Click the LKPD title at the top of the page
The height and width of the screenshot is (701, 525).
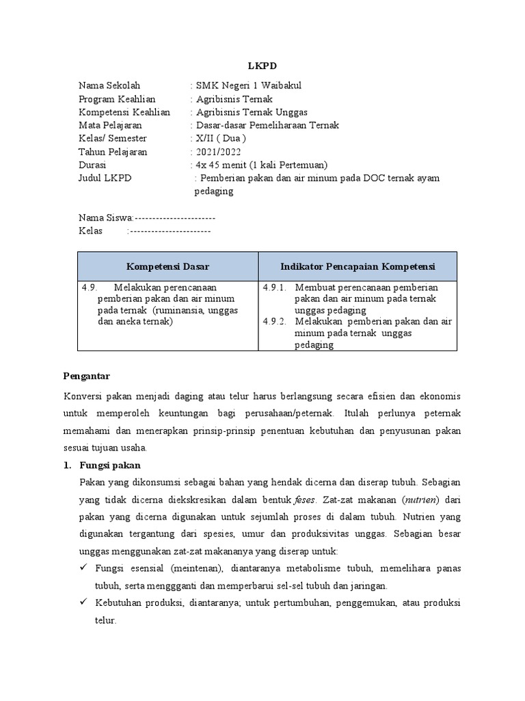click(x=262, y=67)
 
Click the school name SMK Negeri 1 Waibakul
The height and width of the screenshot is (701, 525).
click(x=249, y=86)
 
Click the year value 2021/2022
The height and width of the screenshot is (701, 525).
click(x=218, y=152)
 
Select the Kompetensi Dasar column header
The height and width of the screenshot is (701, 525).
click(x=167, y=266)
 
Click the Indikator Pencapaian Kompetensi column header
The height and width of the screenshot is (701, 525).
click(x=358, y=266)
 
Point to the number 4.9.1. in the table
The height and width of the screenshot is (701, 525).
click(x=275, y=288)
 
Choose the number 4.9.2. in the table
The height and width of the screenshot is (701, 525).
click(x=275, y=321)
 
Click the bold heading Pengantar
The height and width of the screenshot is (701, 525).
click(x=86, y=376)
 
